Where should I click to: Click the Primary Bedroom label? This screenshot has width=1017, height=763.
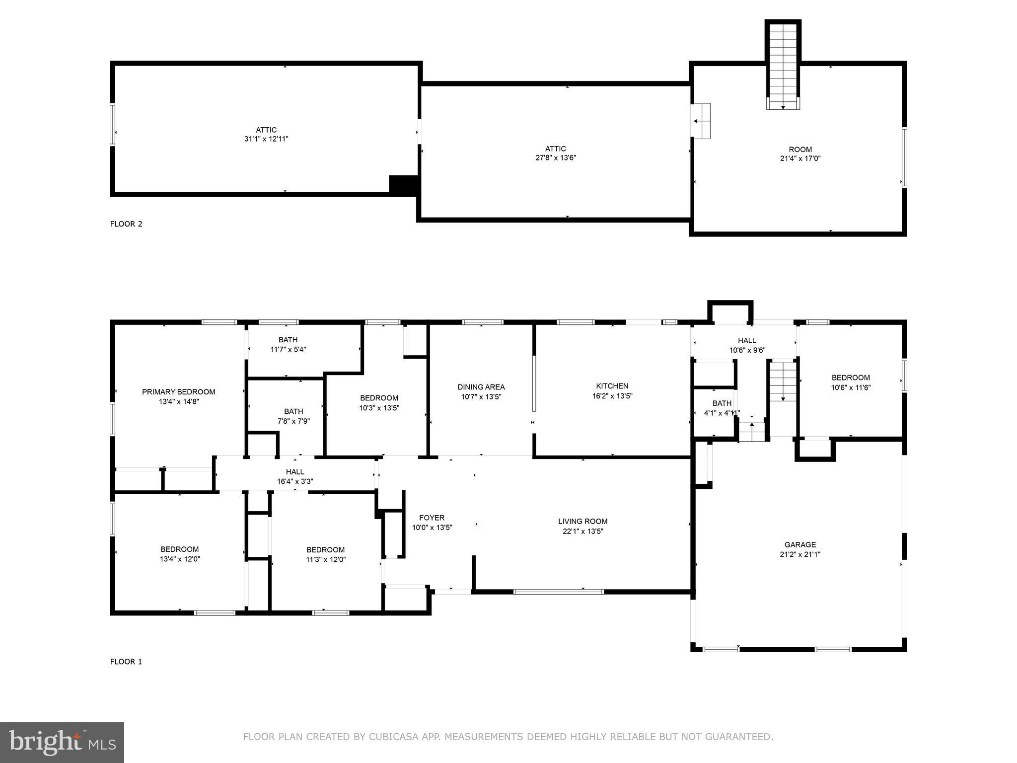point(179,392)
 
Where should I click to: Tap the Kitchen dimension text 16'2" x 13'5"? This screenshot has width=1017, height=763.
point(612,396)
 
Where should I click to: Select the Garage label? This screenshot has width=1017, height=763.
point(800,545)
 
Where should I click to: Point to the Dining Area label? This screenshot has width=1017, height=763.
point(481,387)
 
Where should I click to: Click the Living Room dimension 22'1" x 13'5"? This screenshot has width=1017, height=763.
point(583,531)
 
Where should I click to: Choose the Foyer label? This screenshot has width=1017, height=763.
point(432,518)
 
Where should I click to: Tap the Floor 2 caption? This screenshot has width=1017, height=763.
point(126,224)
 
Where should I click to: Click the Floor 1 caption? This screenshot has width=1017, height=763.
point(126,662)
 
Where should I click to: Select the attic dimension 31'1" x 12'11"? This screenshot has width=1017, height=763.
point(266,139)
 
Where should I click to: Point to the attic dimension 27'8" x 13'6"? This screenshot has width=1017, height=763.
point(556,158)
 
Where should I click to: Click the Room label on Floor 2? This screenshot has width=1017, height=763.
point(800,150)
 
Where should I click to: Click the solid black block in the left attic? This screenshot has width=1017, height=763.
point(404,185)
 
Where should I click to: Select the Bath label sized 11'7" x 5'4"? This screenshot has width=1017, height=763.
point(288,340)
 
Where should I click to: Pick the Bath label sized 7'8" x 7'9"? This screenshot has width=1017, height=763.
point(293,411)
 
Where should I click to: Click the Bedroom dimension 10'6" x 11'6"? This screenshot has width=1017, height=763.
point(851,387)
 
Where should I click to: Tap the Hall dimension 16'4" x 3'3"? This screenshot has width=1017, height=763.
point(295,481)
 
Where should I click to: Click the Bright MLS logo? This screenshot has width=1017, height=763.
point(62,743)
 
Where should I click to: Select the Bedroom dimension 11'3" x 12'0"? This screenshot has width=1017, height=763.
point(326,559)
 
